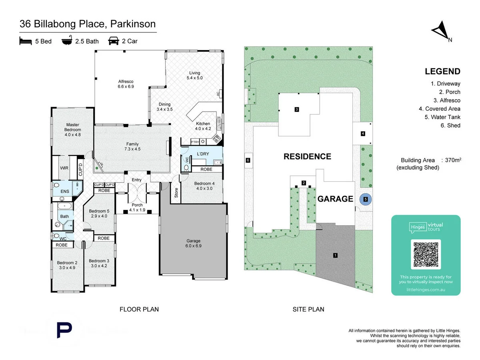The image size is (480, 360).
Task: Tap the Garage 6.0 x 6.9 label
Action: pyautogui.click(x=194, y=244)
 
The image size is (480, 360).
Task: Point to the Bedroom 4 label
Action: pyautogui.click(x=204, y=186)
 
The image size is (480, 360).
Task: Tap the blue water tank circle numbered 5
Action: pyautogui.click(x=365, y=199)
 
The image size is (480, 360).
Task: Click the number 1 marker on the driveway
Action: pyautogui.click(x=335, y=255)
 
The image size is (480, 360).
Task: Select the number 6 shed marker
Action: pyautogui.click(x=248, y=161)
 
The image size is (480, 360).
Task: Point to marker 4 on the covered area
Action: pyautogui.click(x=363, y=134)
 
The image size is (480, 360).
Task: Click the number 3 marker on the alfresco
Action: pyautogui.click(x=297, y=109)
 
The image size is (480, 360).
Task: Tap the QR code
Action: pyautogui.click(x=426, y=254)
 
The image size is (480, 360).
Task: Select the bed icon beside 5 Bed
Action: pyautogui.click(x=26, y=41)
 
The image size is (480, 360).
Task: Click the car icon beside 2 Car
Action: pyautogui.click(x=114, y=41)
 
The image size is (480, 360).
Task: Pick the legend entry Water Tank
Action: pyautogui.click(x=442, y=117)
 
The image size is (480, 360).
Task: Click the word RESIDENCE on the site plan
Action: pyautogui.click(x=307, y=156)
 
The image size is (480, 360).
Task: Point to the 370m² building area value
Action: pyautogui.click(x=453, y=160)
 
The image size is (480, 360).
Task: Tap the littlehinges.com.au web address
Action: pyautogui.click(x=426, y=289)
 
